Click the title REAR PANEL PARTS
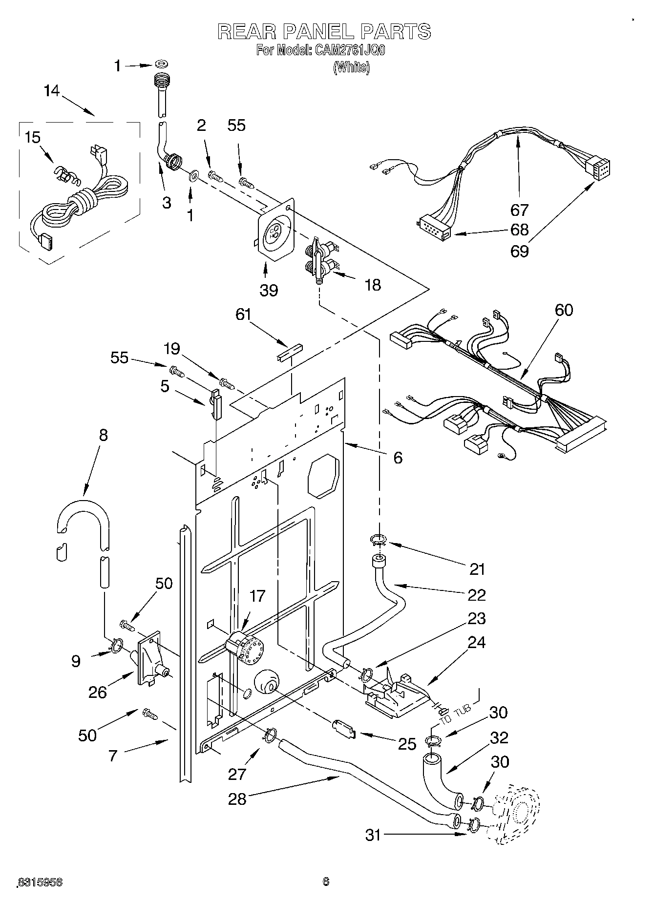tap(324, 31)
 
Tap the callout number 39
tap(269, 290)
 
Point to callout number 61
tap(243, 315)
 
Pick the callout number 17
tap(257, 596)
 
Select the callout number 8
tap(103, 436)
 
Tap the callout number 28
tap(237, 799)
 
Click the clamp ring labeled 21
tap(379, 540)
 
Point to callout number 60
tap(564, 310)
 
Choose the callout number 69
tap(519, 251)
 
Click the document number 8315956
tap(41, 882)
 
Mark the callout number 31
tap(373, 836)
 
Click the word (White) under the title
tap(351, 67)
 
